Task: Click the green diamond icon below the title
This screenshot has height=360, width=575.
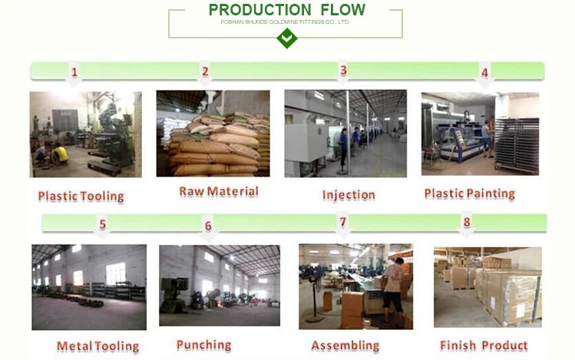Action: pyautogui.click(x=286, y=38)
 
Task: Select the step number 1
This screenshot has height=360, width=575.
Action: pyautogui.click(x=74, y=73)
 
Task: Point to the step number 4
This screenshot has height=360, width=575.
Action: pyautogui.click(x=484, y=74)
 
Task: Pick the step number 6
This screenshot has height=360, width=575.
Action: pyautogui.click(x=207, y=226)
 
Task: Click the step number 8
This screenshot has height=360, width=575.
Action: pyautogui.click(x=467, y=223)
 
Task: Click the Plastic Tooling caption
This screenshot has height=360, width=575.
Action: pyautogui.click(x=81, y=197)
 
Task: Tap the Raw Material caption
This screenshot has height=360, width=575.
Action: pyautogui.click(x=219, y=191)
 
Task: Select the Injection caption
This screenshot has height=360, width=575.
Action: pyautogui.click(x=349, y=194)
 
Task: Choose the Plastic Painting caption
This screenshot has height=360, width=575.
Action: pyautogui.click(x=470, y=193)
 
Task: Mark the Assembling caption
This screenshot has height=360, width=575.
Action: pyautogui.click(x=345, y=345)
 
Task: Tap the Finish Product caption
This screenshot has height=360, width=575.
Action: pyautogui.click(x=484, y=345)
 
